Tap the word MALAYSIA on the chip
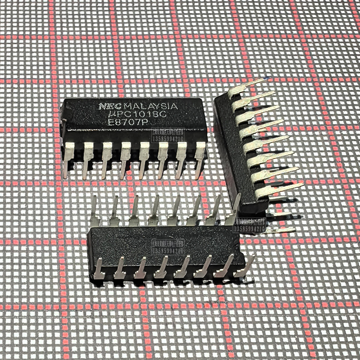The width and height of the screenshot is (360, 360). point(151,107)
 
